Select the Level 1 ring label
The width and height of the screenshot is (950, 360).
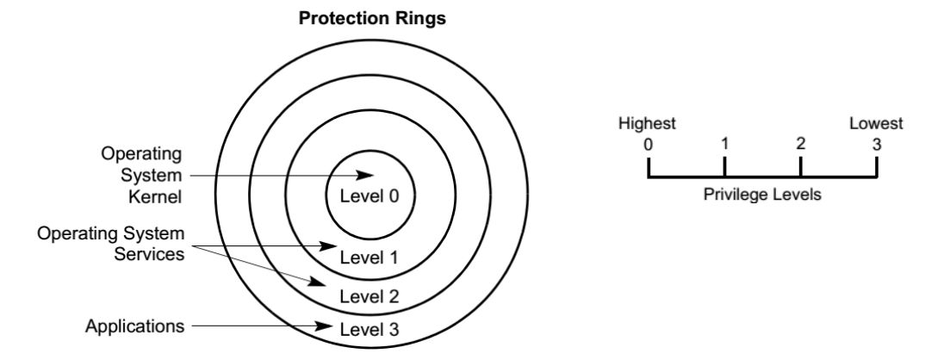tap(369, 257)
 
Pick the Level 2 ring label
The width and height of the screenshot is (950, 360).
tap(369, 297)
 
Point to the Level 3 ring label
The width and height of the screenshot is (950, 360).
tap(369, 328)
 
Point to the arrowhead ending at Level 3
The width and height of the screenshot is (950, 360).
tap(328, 327)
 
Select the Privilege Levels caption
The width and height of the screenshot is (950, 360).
tap(762, 195)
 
